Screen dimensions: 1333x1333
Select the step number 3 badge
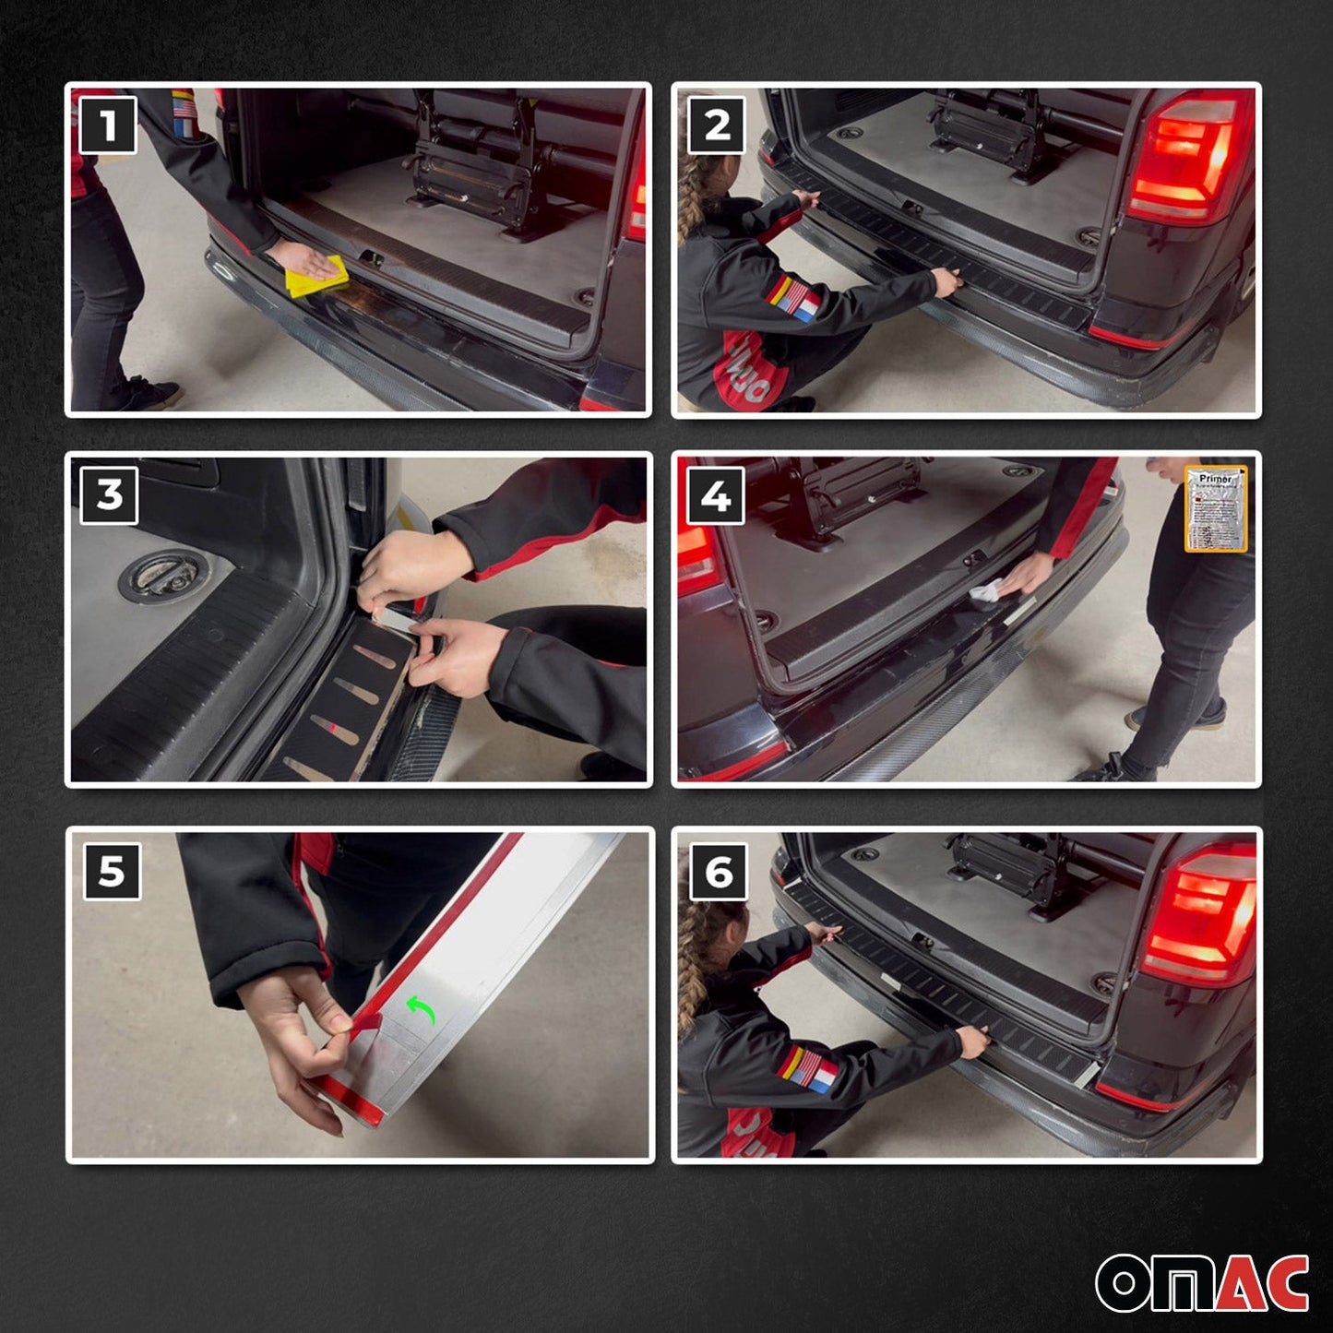click(109, 494)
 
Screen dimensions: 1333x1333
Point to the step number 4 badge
click(716, 496)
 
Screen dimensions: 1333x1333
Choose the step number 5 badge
click(112, 871)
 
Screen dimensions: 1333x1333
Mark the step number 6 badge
click(719, 872)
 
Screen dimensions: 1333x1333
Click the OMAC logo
click(1202, 1282)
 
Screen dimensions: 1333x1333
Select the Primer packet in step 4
click(1216, 509)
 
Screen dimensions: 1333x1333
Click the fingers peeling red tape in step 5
click(341, 1033)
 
